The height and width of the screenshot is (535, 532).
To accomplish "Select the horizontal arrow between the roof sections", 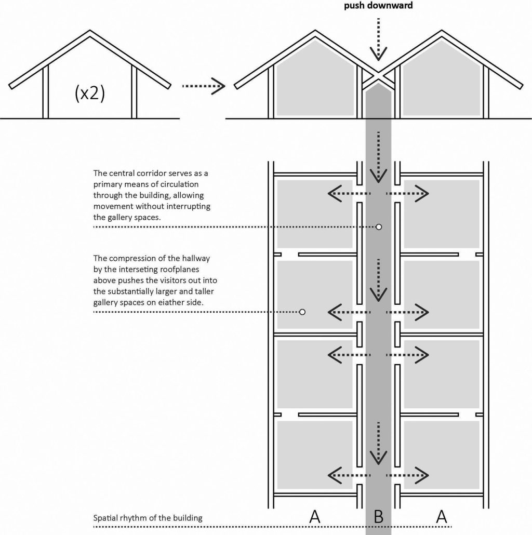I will click(203, 86).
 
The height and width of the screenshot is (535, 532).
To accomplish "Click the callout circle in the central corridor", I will click(379, 227).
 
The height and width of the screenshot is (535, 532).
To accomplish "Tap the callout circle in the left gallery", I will click(302, 312).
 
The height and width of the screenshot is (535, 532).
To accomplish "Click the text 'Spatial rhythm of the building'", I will click(148, 518).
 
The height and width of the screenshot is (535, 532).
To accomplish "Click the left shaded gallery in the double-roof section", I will click(315, 83).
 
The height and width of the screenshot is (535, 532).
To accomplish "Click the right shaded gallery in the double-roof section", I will click(441, 83).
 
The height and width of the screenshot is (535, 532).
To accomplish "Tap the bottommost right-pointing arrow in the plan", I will click(407, 475).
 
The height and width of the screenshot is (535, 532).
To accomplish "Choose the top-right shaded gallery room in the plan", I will click(442, 213).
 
